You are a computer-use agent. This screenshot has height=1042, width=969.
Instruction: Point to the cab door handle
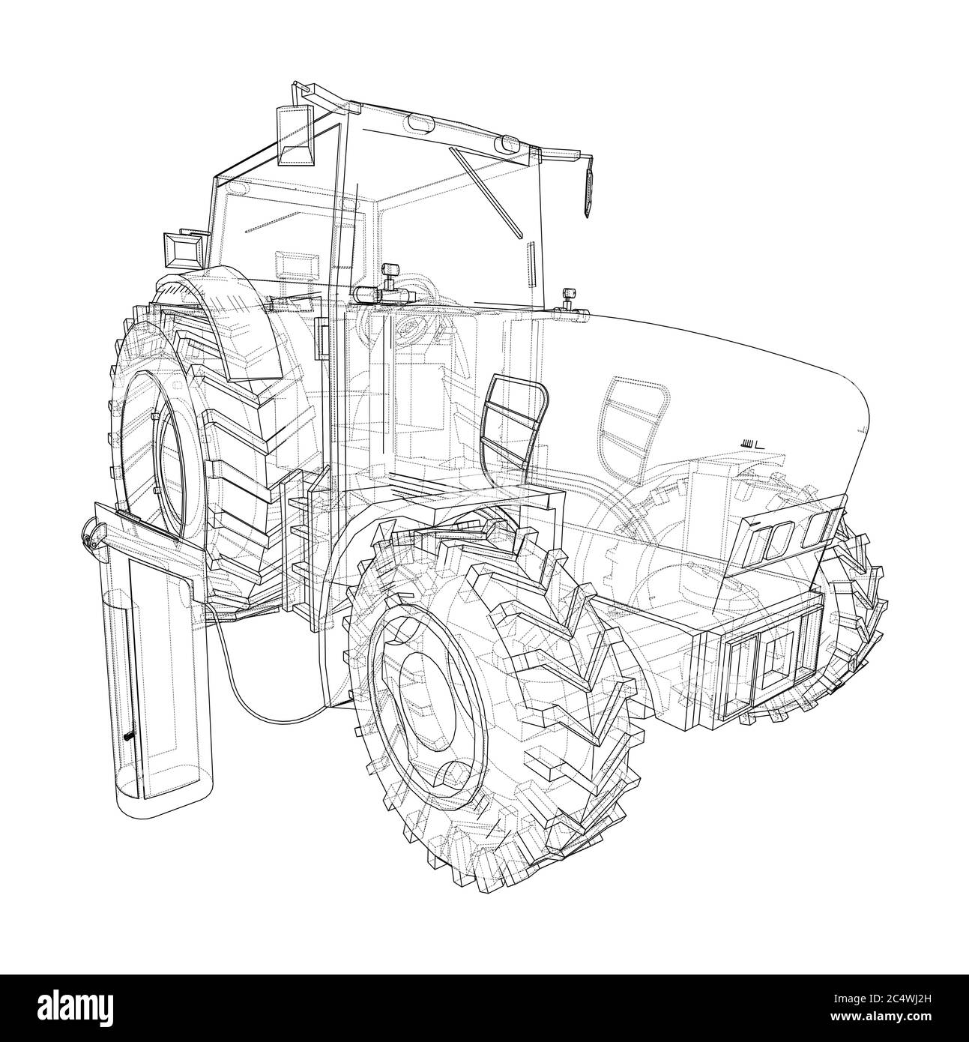pyautogui.click(x=322, y=338)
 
